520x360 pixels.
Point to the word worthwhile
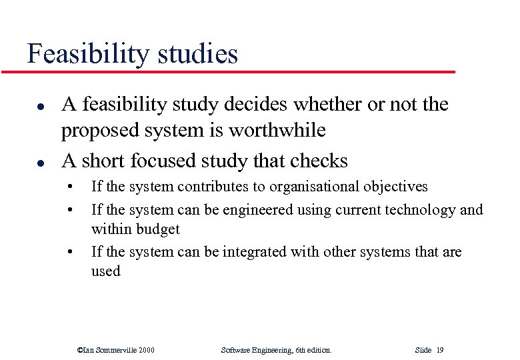pos(277,131)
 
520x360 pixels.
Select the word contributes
pos(212,187)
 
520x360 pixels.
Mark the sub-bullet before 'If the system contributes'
pos(70,187)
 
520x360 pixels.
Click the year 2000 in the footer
pos(145,350)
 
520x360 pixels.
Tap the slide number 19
pos(439,350)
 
